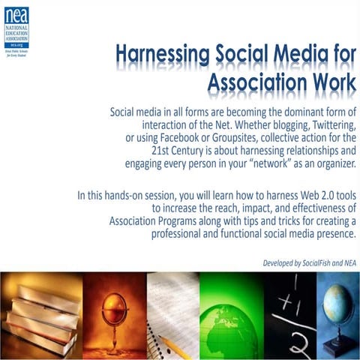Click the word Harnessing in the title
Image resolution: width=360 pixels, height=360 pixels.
[161, 54]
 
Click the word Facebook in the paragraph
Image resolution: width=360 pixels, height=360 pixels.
[193, 139]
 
